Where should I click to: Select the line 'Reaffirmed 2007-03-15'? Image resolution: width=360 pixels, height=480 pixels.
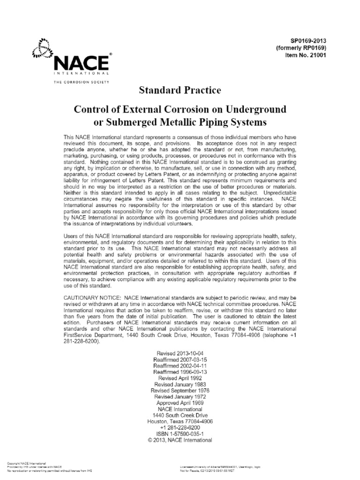(x=180, y=359)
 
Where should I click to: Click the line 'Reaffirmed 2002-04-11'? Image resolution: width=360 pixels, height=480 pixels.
(x=180, y=365)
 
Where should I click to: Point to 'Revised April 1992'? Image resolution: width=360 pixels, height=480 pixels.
(x=180, y=378)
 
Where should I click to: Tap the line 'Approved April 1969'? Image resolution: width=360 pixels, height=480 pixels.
(x=180, y=403)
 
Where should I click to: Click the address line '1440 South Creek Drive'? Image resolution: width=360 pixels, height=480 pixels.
(x=180, y=415)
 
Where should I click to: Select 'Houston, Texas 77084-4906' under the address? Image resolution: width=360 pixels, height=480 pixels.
(x=180, y=422)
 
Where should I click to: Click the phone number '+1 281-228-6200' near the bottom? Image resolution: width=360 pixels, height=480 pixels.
(x=180, y=428)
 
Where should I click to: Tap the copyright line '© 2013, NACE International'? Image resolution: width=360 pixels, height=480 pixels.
(x=180, y=441)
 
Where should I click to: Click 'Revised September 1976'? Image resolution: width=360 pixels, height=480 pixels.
(x=180, y=390)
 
